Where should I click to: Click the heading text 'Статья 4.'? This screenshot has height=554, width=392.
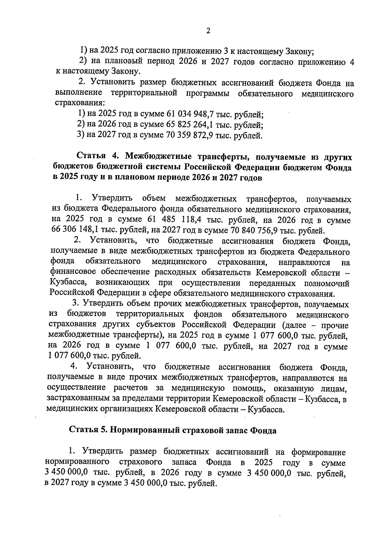[x=94, y=157]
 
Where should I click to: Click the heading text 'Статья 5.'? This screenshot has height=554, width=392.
[x=88, y=431]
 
